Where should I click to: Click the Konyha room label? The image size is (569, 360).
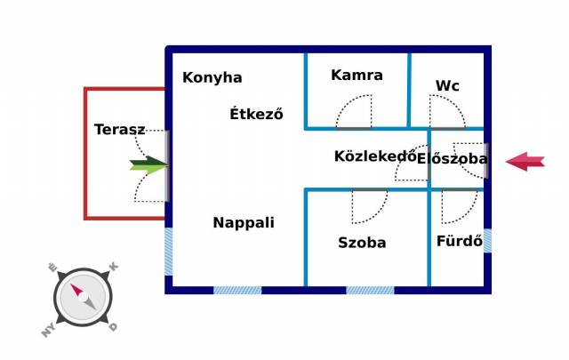pos(212,77)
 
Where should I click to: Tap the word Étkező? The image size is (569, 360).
pos(256,114)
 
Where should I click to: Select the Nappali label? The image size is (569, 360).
pos(243,223)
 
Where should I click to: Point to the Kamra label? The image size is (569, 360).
pos(357,75)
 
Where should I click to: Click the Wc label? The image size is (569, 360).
pos(447,86)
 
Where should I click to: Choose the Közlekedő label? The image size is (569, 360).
pos(375,156)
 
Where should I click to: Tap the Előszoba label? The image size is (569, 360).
pos(453,159)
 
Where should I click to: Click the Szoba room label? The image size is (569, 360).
pos(362,242)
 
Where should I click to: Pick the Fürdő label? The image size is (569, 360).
pos(459,241)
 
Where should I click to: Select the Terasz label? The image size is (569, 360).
pos(119,130)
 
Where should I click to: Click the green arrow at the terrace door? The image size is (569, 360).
pos(148,164)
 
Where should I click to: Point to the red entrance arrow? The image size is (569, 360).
pos(525,161)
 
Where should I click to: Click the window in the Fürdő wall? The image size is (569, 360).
pos(487,240)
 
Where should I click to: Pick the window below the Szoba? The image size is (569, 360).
pos(370,290)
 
